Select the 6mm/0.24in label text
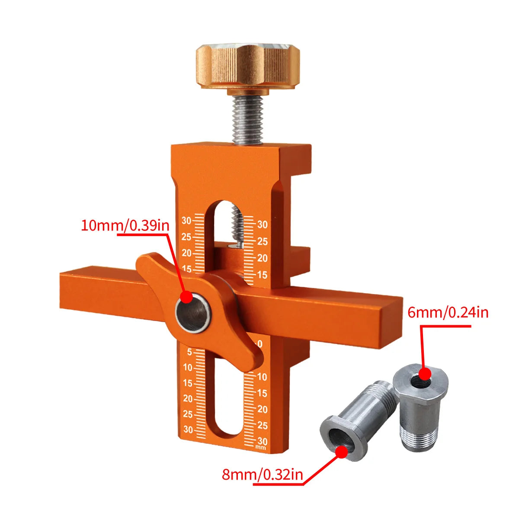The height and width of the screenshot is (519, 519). pos(448,313)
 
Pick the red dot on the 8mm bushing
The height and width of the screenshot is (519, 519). pos(342,450)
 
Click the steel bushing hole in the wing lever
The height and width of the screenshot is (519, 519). pos(193,314)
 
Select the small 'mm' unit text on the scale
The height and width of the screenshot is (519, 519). pos(260,448)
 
